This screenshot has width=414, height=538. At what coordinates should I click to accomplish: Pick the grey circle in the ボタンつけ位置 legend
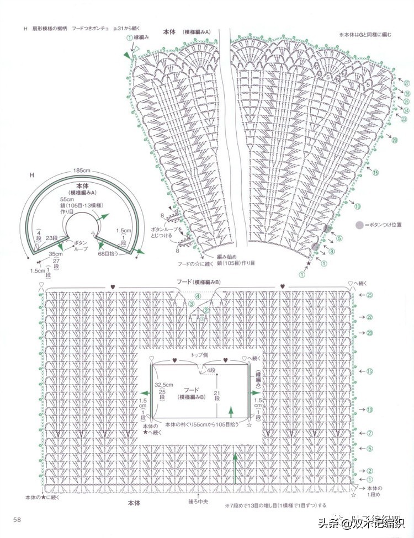click(x=360, y=225)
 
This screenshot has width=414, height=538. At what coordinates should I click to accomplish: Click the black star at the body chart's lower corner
click(x=309, y=265)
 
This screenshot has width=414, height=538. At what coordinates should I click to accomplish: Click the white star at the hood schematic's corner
click(x=249, y=425)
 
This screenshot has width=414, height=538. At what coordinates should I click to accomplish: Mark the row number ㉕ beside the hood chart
click(x=369, y=295)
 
